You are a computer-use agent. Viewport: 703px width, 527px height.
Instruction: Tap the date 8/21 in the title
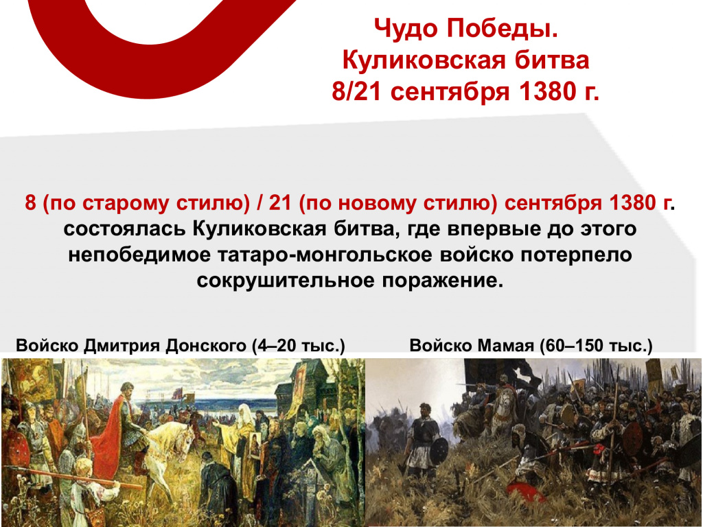[356, 91]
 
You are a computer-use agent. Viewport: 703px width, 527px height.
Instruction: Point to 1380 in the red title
[546, 91]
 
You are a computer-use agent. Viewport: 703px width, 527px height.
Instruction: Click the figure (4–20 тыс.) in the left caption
[298, 346]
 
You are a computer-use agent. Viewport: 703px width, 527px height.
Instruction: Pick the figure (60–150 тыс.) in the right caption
[596, 346]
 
